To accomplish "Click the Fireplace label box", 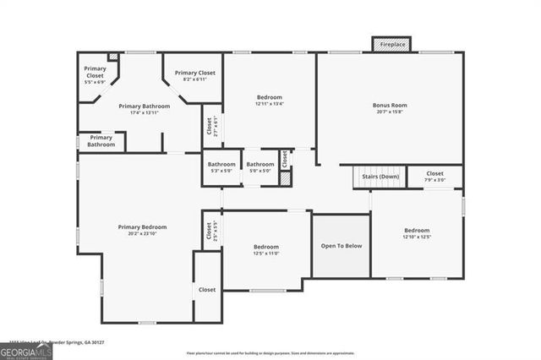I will (x=391, y=44).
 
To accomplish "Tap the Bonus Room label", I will (x=390, y=106).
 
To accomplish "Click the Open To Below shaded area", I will (x=342, y=246).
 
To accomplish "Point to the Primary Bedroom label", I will (x=142, y=226).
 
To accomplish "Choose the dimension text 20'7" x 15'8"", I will (x=390, y=112).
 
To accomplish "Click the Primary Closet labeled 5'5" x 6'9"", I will (x=95, y=76).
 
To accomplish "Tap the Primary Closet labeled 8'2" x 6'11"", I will (x=195, y=76).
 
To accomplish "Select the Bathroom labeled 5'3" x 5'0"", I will (x=221, y=167).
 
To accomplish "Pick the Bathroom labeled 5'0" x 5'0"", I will (x=260, y=167).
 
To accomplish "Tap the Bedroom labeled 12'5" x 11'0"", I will (x=266, y=250).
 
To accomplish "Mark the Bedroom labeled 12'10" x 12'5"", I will (x=417, y=233).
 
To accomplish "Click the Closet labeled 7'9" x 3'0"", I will (x=434, y=177).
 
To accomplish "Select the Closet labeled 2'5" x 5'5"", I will (x=207, y=231).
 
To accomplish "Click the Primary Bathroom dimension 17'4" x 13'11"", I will (x=144, y=112).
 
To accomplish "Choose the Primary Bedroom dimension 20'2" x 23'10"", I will (x=142, y=233).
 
